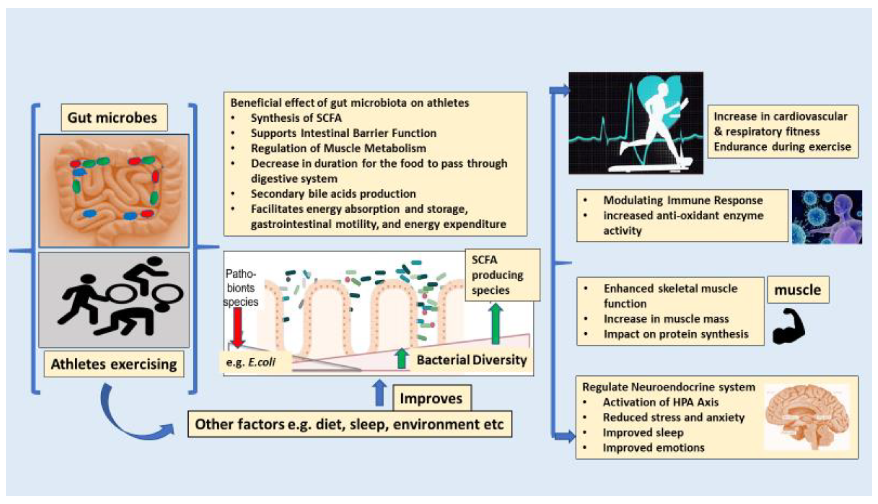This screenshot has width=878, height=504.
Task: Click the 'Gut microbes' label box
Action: (114, 118)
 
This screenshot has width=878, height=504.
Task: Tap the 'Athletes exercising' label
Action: (114, 364)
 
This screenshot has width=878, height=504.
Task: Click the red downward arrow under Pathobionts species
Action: (238, 327)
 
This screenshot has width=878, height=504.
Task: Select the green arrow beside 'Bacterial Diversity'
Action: (401, 359)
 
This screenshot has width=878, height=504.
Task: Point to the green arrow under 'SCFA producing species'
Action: (496, 323)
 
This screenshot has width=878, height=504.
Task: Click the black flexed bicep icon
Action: (788, 326)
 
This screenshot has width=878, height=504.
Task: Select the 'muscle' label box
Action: (798, 290)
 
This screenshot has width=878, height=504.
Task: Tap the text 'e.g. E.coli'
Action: (251, 362)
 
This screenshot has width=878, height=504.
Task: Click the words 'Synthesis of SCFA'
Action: (296, 118)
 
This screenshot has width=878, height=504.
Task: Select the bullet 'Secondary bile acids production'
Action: (333, 194)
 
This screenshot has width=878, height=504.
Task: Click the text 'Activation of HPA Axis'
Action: (660, 402)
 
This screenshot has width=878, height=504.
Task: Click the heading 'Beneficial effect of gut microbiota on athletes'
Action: (350, 103)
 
